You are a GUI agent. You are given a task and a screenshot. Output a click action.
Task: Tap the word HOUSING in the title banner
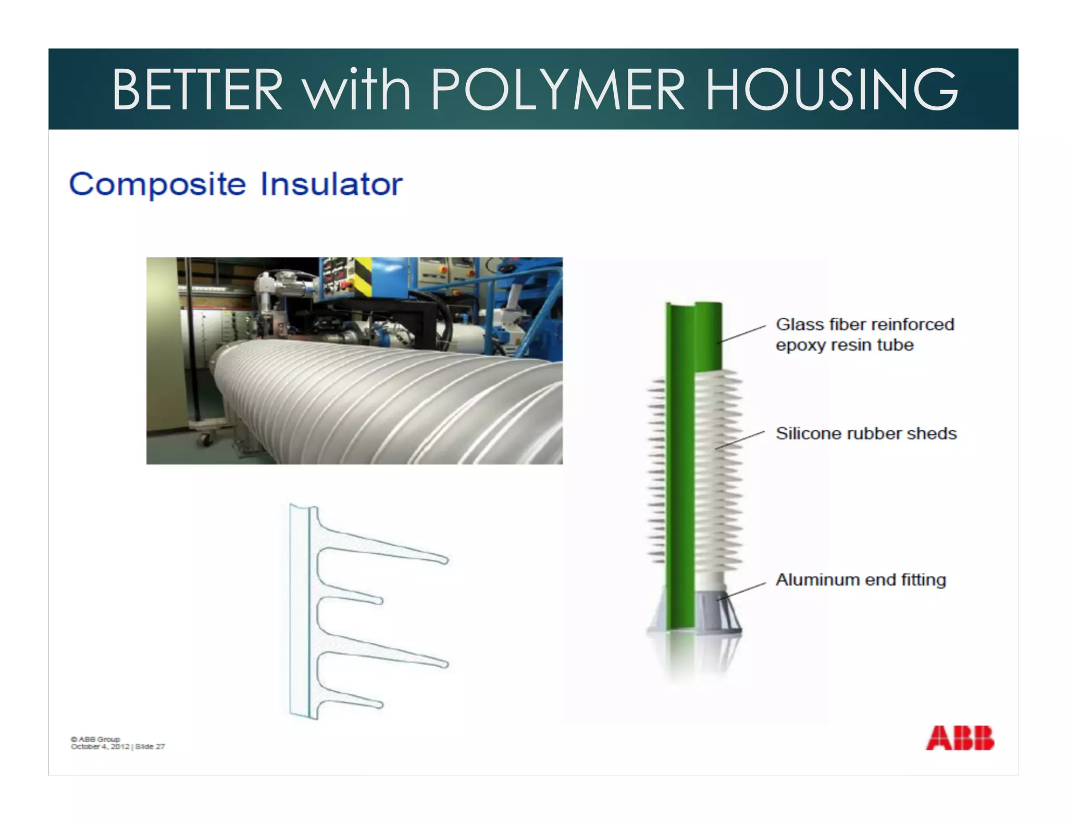tap(832, 90)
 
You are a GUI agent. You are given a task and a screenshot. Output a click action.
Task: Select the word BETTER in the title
tap(197, 90)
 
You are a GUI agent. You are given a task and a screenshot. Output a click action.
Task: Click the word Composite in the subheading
tap(157, 184)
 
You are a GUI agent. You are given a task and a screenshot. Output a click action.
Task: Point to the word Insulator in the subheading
tap(331, 184)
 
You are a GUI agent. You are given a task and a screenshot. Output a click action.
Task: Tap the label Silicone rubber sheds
tap(866, 433)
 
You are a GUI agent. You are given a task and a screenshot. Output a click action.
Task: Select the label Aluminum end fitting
tap(861, 580)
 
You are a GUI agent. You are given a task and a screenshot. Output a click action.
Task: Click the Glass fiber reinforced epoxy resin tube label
tap(865, 334)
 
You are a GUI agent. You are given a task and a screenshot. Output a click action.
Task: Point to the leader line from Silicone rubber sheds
tap(740, 440)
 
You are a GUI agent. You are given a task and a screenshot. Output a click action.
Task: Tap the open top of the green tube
tap(694, 305)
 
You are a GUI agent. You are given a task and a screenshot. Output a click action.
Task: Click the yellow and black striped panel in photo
tap(363, 274)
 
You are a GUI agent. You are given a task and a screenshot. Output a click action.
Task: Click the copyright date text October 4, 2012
tap(100, 746)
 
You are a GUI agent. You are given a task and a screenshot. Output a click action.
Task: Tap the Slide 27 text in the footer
tap(150, 746)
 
